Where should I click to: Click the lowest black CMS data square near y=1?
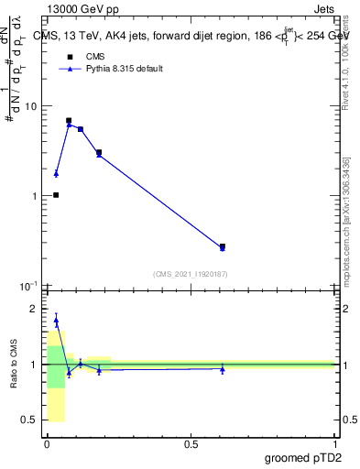[x=56, y=195]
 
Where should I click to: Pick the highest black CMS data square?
[x=69, y=120]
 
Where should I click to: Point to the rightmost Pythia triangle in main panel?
[x=223, y=248]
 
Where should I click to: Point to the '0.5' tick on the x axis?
[x=191, y=444]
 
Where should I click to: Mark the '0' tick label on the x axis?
[x=47, y=444]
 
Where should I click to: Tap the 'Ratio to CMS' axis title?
[x=15, y=365]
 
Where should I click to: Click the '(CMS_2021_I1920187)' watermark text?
[x=191, y=273]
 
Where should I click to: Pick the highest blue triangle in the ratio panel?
[x=56, y=321]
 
